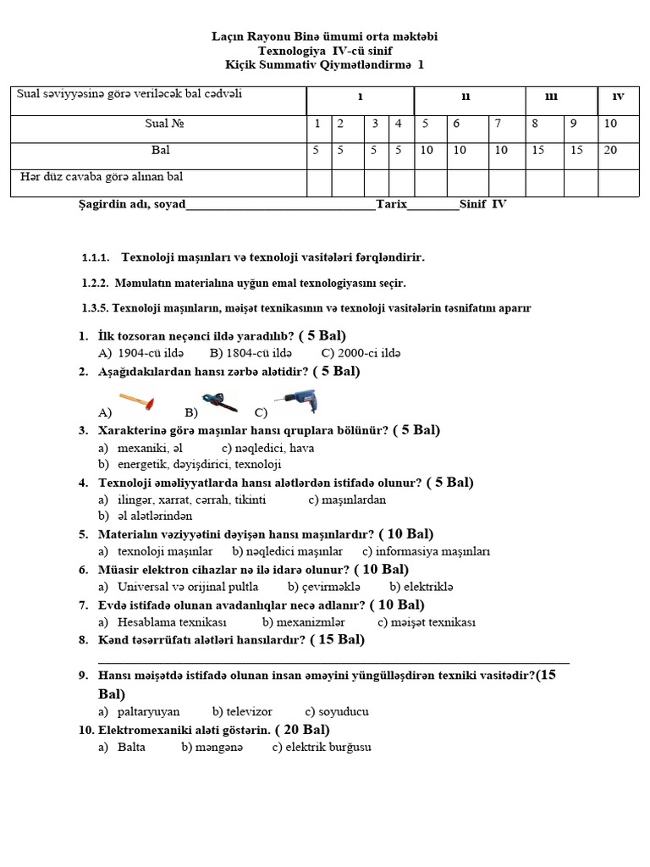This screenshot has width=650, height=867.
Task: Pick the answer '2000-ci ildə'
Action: coord(361,353)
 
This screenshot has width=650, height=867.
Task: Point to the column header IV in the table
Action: coord(618,97)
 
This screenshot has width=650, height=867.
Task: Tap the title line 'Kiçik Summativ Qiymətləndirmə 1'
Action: coord(325,64)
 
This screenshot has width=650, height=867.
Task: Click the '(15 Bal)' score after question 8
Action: coord(337,640)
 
